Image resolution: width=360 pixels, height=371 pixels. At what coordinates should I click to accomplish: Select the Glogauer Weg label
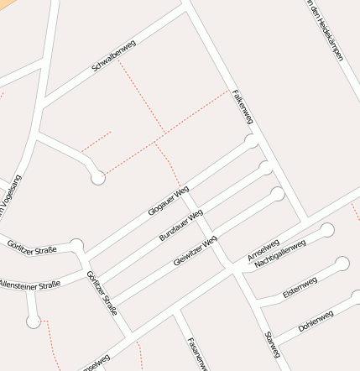pos(169,200)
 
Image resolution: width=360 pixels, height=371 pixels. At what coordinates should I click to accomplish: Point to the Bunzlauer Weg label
pos(180,226)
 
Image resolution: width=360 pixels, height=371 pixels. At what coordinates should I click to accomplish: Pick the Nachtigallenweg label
pos(280,253)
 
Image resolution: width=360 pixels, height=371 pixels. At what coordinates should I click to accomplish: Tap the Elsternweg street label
pos(300,286)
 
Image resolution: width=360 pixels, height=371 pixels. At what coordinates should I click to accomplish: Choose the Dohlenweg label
pos(316,321)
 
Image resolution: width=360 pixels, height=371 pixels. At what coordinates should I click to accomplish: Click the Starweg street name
pos(270,345)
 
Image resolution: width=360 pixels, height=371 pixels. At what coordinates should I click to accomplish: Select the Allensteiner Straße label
pos(30,285)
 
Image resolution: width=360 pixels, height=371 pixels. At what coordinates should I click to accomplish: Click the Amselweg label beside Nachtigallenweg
pos(263,248)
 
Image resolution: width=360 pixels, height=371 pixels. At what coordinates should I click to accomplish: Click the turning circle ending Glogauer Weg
pos(251,141)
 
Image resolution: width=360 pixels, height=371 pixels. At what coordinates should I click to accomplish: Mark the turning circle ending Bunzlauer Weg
pos(266,168)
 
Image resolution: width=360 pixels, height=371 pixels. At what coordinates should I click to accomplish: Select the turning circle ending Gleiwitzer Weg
pos(278,195)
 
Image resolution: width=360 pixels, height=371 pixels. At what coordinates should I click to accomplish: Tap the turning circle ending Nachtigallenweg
pos(327,230)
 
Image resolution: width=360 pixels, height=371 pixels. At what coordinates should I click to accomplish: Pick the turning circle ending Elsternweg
pos(342,264)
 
